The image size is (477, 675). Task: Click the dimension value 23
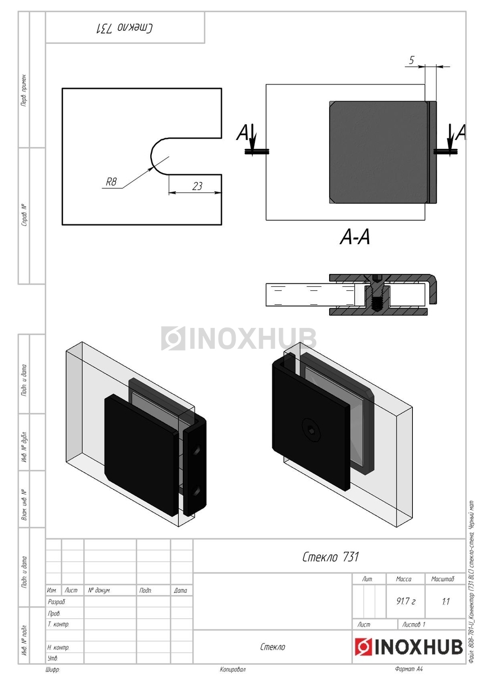[197, 186]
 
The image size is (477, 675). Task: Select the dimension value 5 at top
[412, 61]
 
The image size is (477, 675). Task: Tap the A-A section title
[355, 238]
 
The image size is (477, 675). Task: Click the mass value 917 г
[406, 601]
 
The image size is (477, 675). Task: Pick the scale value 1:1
[445, 601]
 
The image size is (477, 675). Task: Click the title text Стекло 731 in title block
[330, 557]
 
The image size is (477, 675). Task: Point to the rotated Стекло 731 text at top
[125, 28]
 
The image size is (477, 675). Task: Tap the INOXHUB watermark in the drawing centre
[239, 338]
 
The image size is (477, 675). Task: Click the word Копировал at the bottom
[233, 669]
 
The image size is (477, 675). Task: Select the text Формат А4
[409, 669]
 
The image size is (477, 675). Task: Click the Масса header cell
[404, 579]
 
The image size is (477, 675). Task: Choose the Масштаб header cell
[443, 579]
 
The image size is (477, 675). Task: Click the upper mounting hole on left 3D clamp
[198, 450]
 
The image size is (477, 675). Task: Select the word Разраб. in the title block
[57, 602]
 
